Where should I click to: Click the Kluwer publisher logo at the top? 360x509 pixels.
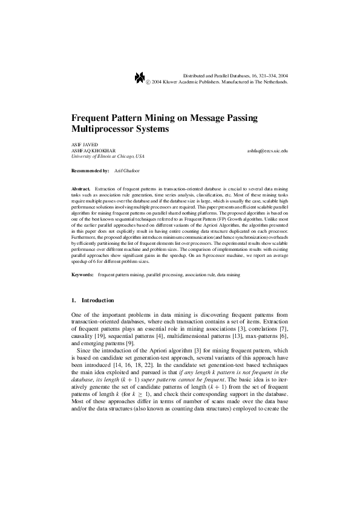pyautogui.click(x=140, y=77)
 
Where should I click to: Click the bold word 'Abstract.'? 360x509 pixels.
pyautogui.click(x=80, y=189)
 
